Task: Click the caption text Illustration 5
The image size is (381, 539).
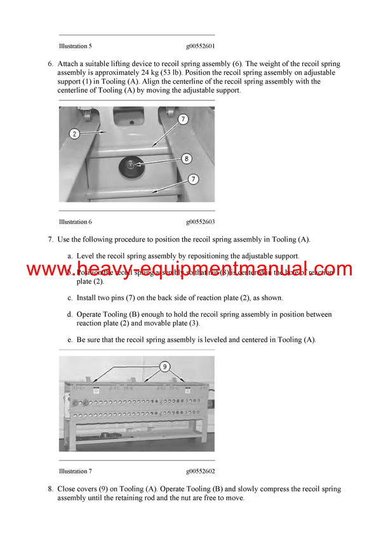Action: coord(75,46)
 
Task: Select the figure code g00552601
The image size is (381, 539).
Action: coord(200,46)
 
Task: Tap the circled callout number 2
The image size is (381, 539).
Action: coord(74,133)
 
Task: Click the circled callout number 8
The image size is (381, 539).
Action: coord(185,159)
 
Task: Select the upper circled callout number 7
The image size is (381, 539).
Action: coord(182,119)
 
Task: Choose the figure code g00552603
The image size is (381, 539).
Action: coord(200,222)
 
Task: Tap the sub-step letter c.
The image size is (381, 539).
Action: coord(70,298)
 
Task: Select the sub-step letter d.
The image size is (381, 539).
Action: coord(70,314)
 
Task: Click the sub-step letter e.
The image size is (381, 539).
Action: coord(70,340)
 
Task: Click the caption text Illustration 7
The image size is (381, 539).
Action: coord(75,471)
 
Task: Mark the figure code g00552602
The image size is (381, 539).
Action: coord(200,471)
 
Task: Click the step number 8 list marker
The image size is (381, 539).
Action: coord(50,489)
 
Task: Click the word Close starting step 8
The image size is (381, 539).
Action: coord(67,489)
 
